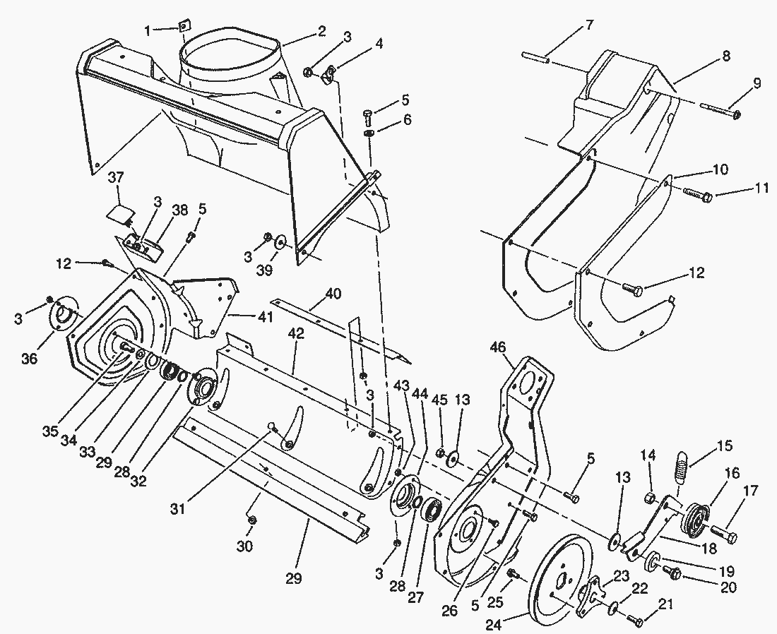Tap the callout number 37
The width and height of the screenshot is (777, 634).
(118, 177)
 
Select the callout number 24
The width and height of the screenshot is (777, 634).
(493, 625)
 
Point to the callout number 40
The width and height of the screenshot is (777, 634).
(333, 294)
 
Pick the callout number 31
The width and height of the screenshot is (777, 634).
(178, 508)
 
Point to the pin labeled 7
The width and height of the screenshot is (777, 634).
(535, 58)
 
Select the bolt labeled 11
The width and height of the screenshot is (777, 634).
(698, 193)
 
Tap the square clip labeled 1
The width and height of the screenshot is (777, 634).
(186, 25)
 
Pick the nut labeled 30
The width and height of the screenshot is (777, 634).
(251, 520)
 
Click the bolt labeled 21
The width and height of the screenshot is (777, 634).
(635, 619)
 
